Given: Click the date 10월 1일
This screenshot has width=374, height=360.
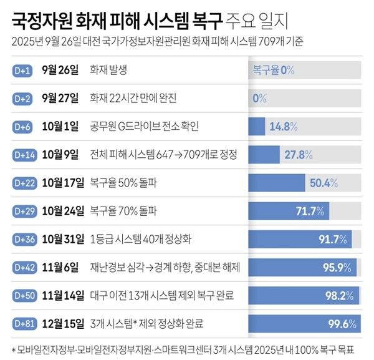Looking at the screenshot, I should click(x=60, y=127).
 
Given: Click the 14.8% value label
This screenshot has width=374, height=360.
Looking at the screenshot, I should click(x=282, y=127).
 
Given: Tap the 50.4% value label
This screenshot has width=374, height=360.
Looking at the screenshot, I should click(x=324, y=183).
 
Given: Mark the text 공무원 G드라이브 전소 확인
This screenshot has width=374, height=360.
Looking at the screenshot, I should click(x=145, y=127).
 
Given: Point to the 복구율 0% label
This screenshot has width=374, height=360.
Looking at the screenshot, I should click(x=273, y=71).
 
